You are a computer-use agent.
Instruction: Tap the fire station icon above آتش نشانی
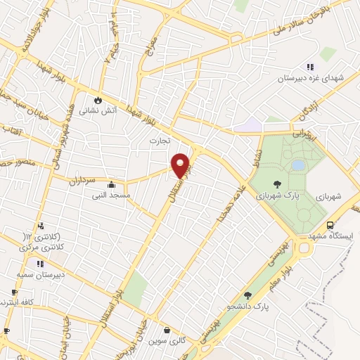pyautogui.click(x=97, y=100)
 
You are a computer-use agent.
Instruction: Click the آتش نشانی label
pyautogui.click(x=97, y=110)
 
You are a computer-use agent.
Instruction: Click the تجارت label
pyautogui.click(x=160, y=140)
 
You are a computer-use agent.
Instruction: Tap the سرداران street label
pyautogui.click(x=82, y=181)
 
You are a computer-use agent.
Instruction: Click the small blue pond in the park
pyautogui.click(x=298, y=165)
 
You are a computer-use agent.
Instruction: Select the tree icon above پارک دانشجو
pyautogui.click(x=247, y=296)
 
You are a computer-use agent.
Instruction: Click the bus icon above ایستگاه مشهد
pyautogui.click(x=350, y=227)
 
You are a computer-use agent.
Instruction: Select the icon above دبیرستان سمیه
pyautogui.click(x=39, y=263)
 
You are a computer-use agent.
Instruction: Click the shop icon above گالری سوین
pyautogui.click(x=166, y=329)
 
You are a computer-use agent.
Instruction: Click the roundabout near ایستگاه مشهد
pyautogui.click(x=304, y=247)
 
